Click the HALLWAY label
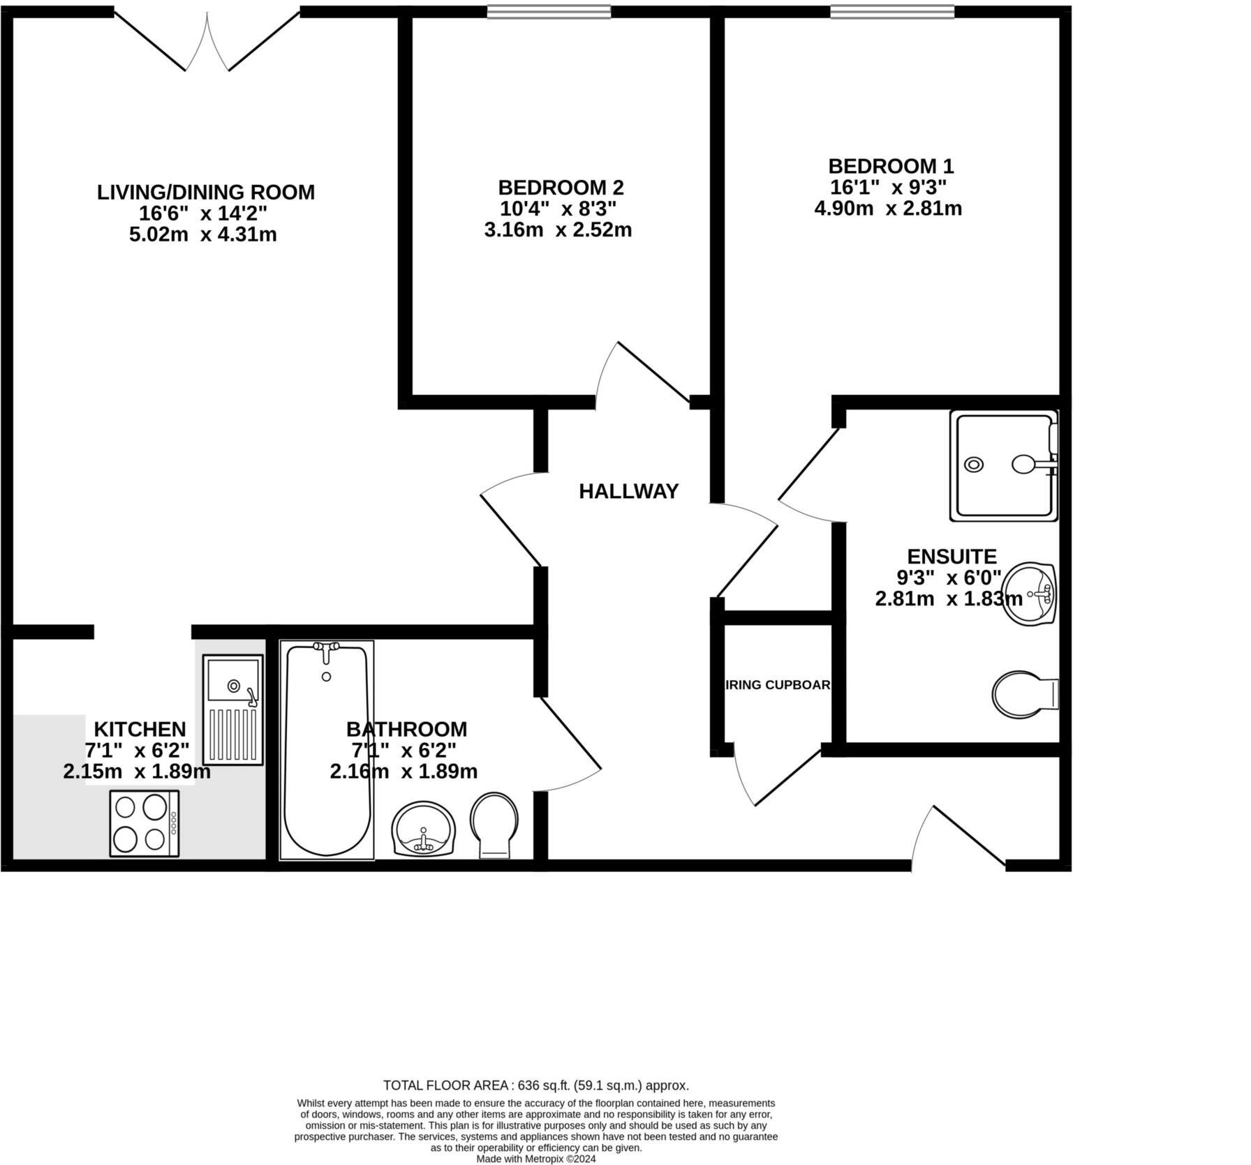[628, 491]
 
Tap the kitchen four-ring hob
[145, 823]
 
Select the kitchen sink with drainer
[233, 709]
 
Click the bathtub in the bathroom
[327, 757]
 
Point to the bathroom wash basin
[423, 829]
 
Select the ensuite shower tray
[1004, 465]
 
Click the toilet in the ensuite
[1023, 694]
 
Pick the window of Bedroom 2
[549, 11]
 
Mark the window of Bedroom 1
[892, 11]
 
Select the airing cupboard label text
[778, 685]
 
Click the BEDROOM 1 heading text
[890, 166]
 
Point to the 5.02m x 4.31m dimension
[202, 234]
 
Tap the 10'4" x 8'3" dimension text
[558, 209]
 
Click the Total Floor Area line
[535, 1085]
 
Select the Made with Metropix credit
[535, 1159]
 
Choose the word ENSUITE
[952, 557]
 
